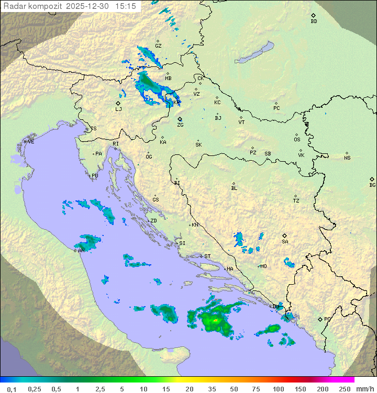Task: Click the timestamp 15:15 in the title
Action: (126, 6)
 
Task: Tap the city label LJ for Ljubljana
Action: (118, 109)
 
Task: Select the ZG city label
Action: (180, 125)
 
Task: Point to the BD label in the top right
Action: (314, 21)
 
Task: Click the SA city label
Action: (285, 242)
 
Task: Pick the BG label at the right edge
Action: (372, 185)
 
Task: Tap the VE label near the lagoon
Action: (31, 141)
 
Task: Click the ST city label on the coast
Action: (207, 256)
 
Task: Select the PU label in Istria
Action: (95, 176)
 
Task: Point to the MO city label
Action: (263, 266)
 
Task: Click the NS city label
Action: (347, 158)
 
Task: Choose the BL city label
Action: (234, 188)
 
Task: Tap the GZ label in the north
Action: (158, 46)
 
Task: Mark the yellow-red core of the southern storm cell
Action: (216, 319)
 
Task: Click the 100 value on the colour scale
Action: (278, 389)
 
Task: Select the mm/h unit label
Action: (363, 389)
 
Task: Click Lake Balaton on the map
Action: (254, 53)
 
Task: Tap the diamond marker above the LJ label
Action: (118, 103)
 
